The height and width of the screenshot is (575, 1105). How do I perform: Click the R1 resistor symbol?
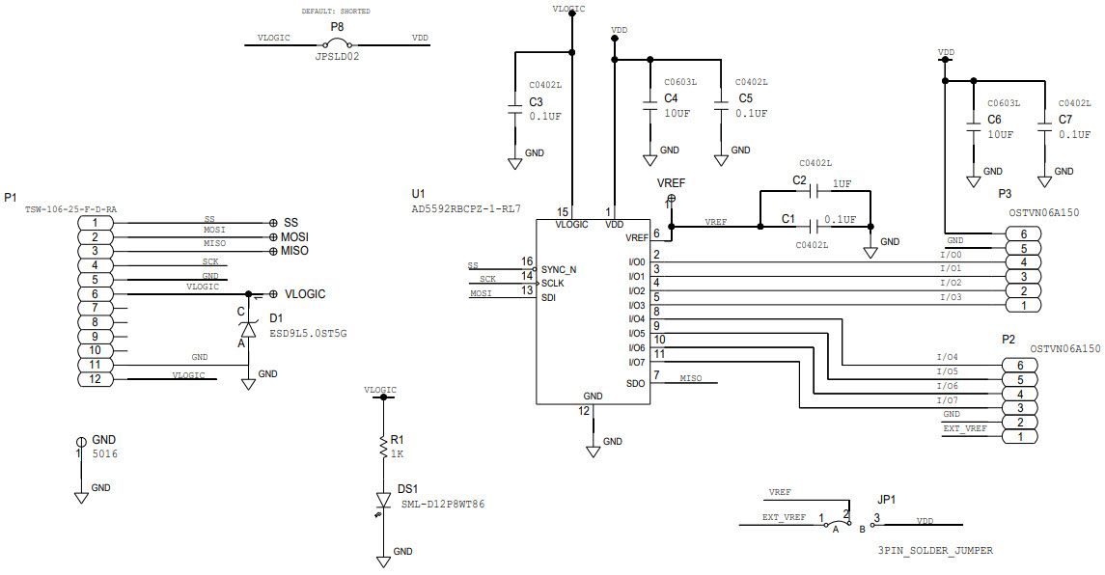click(384, 450)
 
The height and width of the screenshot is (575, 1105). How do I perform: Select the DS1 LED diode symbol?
click(384, 502)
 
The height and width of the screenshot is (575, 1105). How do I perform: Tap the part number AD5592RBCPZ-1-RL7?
click(466, 207)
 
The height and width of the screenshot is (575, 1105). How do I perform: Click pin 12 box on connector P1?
click(95, 379)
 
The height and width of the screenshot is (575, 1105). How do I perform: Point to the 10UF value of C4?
click(677, 113)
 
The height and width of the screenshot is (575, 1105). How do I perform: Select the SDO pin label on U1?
click(634, 383)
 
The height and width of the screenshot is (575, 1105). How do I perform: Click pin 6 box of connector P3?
click(1022, 233)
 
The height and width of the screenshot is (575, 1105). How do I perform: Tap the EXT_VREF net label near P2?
click(965, 427)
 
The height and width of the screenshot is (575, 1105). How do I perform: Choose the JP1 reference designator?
click(886, 501)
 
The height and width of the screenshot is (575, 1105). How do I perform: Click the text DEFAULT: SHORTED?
click(336, 12)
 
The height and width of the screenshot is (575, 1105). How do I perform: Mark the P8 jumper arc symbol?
click(337, 44)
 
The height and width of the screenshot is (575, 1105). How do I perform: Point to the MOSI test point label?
click(294, 236)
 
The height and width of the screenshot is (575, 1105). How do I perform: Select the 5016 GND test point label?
click(105, 452)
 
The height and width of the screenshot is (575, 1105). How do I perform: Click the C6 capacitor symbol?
click(973, 127)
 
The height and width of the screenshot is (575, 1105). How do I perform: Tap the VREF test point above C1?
click(671, 199)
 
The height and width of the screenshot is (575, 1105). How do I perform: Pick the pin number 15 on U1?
click(563, 211)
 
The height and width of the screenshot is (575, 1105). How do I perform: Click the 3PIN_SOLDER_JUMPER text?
click(935, 551)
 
